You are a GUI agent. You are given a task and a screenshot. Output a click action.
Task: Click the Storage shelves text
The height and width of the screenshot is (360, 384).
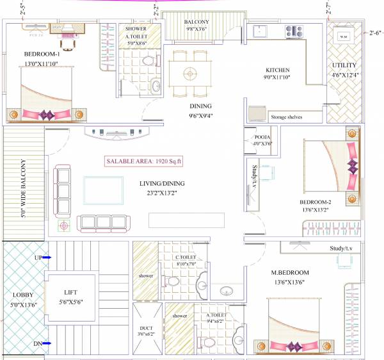(286, 117)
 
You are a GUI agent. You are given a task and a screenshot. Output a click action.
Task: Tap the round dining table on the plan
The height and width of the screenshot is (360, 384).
(189, 72)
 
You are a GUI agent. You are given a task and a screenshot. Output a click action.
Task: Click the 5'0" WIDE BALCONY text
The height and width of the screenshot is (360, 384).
(24, 181)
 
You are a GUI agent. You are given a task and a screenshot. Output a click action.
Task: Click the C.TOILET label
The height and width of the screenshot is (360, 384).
(186, 259)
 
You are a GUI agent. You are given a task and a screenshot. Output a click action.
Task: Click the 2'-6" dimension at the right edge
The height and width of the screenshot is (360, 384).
(374, 32)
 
